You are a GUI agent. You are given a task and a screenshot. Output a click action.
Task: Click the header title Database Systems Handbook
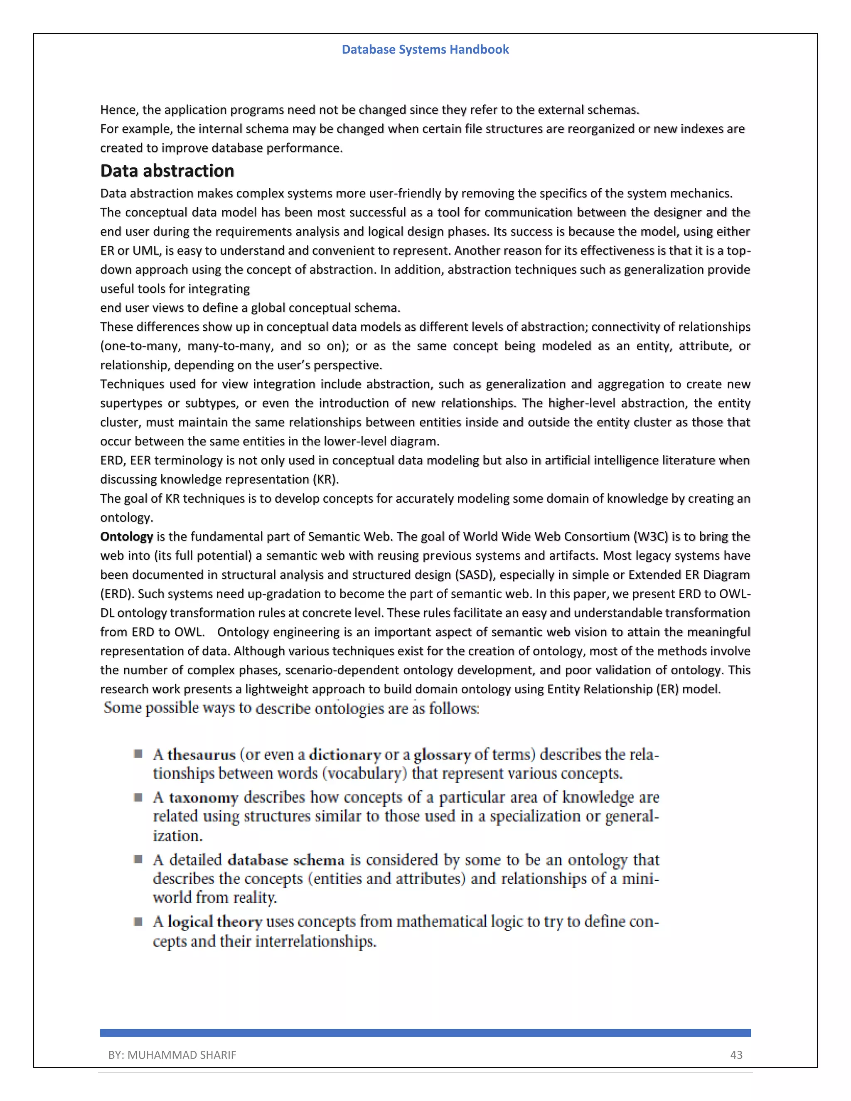(425, 49)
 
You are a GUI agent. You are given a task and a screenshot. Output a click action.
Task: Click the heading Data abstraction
(167, 171)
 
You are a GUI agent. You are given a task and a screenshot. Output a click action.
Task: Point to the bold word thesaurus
(201, 754)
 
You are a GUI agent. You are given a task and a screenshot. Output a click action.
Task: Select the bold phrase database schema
(286, 860)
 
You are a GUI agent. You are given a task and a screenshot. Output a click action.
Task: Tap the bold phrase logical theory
(215, 922)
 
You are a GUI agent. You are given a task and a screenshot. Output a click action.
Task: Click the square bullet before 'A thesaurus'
(138, 754)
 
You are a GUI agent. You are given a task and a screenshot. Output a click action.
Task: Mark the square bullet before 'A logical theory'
(138, 921)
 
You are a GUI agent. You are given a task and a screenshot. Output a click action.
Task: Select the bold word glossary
(442, 754)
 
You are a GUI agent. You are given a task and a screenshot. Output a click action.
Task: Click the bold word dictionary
(344, 754)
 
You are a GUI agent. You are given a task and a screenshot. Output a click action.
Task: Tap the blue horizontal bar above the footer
(425, 1032)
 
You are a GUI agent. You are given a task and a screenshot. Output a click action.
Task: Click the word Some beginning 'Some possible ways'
(123, 708)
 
